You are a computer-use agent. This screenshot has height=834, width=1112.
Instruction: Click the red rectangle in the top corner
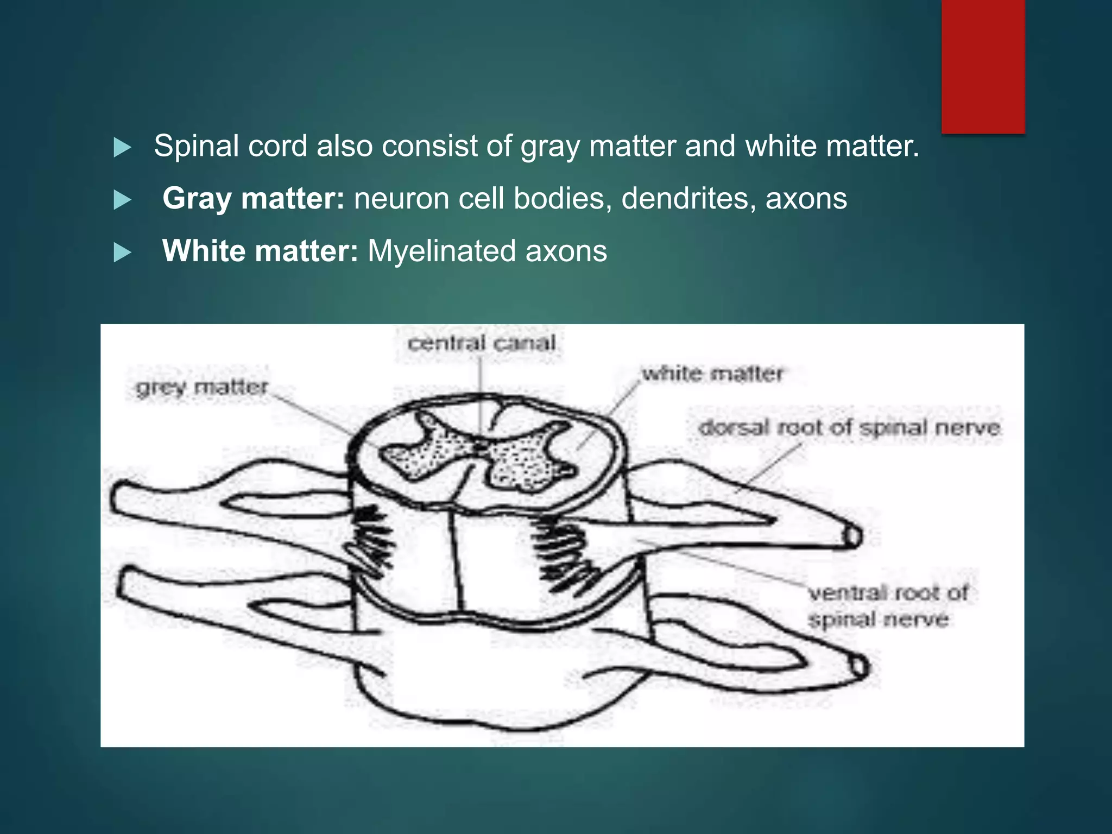983,66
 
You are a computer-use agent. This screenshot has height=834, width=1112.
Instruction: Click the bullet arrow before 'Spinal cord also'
123,148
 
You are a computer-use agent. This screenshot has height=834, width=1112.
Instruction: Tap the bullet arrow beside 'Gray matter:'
123,200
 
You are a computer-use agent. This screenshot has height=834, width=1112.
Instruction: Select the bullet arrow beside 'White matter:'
123,252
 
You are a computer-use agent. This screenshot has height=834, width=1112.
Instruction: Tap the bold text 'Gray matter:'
253,199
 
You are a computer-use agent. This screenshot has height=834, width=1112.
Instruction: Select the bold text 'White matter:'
260,251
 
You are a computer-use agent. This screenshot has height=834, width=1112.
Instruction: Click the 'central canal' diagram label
482,343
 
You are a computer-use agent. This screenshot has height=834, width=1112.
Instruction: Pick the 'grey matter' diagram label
202,387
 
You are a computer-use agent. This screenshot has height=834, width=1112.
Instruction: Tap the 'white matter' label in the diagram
712,374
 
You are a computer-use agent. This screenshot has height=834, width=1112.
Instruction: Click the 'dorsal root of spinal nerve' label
849,428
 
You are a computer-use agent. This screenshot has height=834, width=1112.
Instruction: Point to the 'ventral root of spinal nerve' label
888,606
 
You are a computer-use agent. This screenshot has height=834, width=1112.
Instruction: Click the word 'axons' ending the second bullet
806,199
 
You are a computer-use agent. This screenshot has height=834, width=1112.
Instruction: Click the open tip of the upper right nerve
852,536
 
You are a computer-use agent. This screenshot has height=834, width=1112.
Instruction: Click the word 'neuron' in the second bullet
401,199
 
